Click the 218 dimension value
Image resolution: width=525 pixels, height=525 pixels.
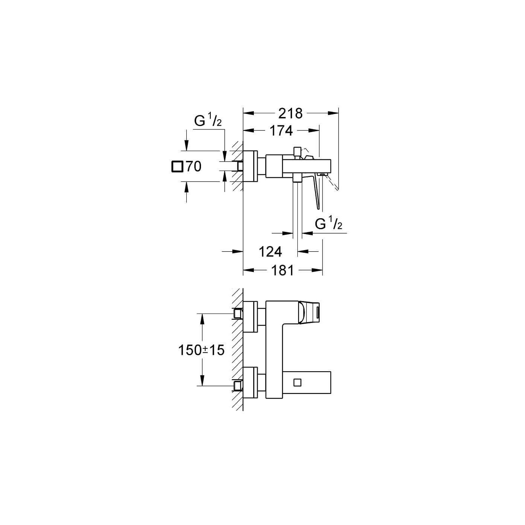point(290,113)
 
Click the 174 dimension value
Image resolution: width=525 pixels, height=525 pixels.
point(281,130)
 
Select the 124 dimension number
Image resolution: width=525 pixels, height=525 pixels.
point(270,252)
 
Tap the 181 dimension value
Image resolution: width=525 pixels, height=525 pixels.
point(282,270)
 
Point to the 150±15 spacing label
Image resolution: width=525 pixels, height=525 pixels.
point(201,350)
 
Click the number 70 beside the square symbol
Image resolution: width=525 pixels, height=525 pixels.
point(193,166)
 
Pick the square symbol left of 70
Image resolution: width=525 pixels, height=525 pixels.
point(177,166)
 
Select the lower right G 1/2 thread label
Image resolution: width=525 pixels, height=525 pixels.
point(328,224)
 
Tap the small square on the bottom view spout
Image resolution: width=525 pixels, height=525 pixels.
point(297,382)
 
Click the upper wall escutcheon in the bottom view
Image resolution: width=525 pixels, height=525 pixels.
point(250,316)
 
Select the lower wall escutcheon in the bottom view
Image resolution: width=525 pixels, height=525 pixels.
point(250,382)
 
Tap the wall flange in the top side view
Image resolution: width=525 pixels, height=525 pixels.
point(250,166)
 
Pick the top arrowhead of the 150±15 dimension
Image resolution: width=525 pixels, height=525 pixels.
point(202,318)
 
